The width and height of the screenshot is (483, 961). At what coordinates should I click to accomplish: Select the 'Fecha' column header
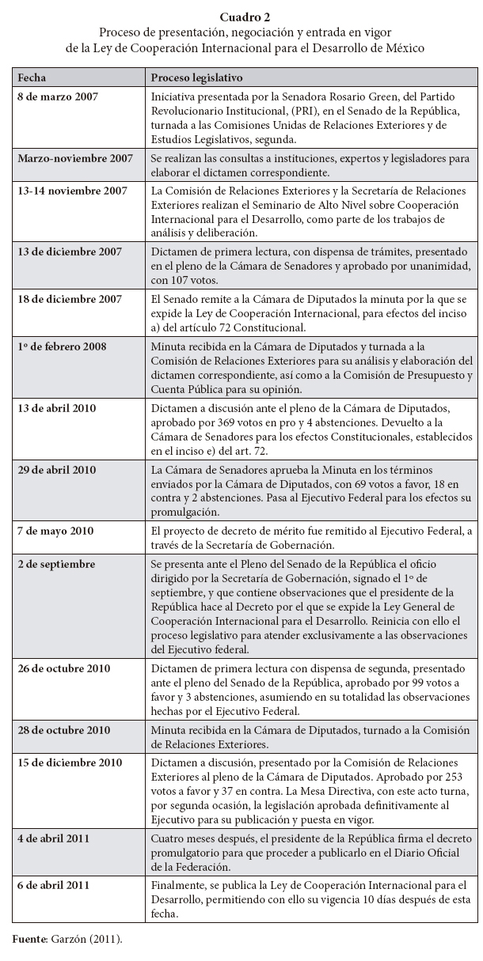(x=32, y=78)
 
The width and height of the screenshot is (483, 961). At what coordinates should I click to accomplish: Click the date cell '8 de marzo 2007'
(x=55, y=95)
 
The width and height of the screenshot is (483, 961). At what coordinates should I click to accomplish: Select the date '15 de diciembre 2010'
(x=69, y=762)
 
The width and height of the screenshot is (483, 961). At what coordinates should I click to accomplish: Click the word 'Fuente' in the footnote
(x=29, y=938)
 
